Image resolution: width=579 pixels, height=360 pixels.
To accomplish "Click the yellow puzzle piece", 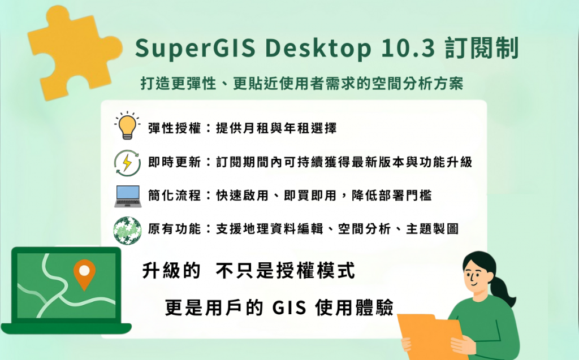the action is pyautogui.click(x=74, y=51).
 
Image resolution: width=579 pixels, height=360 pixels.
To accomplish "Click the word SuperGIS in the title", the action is pyautogui.click(x=195, y=49).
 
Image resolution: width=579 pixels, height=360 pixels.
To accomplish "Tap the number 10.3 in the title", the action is pyautogui.click(x=408, y=48).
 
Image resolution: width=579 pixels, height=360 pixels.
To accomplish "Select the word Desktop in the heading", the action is pyautogui.click(x=318, y=49).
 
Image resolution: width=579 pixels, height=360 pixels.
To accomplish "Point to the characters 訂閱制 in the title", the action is pyautogui.click(x=482, y=48).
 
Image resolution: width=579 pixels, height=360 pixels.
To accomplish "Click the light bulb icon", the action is pyautogui.click(x=127, y=125).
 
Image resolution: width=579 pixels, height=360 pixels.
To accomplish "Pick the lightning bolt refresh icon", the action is pyautogui.click(x=127, y=162).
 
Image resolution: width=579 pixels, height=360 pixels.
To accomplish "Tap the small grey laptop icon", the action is pyautogui.click(x=128, y=196).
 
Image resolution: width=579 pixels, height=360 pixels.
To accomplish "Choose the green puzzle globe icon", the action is pyautogui.click(x=127, y=231).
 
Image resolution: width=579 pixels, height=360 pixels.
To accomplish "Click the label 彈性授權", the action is pyautogui.click(x=174, y=128).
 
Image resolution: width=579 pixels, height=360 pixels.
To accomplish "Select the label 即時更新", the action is pyautogui.click(x=174, y=162).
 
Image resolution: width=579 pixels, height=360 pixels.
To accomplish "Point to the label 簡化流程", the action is pyautogui.click(x=174, y=196).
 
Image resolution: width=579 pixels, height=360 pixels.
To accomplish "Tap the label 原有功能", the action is pyautogui.click(x=174, y=229).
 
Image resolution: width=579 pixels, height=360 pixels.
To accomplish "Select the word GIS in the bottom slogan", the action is pyautogui.click(x=289, y=307).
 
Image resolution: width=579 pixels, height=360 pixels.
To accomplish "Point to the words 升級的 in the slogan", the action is pyautogui.click(x=171, y=271).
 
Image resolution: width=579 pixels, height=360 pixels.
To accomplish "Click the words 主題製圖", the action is pyautogui.click(x=433, y=229).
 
